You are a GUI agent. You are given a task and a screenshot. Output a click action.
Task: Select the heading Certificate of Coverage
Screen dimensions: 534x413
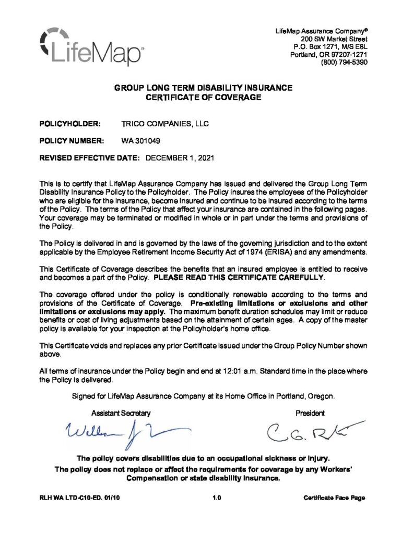click(203, 96)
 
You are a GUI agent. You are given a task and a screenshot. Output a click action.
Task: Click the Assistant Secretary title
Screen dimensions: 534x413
click(121, 413)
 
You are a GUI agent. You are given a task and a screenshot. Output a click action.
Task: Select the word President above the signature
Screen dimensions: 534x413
click(310, 413)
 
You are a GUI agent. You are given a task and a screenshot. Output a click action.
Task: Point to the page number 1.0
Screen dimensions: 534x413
click(218, 498)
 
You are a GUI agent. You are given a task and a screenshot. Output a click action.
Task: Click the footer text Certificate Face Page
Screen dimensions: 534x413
click(334, 498)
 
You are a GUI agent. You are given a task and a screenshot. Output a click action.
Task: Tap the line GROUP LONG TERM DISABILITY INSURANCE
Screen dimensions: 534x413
click(203, 88)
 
